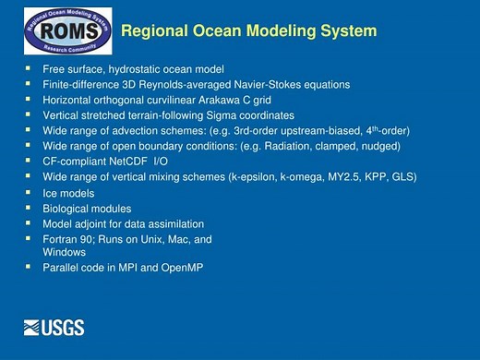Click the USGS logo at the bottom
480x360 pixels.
54,327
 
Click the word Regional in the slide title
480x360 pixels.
155,31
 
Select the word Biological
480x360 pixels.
70,209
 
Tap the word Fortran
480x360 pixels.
63,239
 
